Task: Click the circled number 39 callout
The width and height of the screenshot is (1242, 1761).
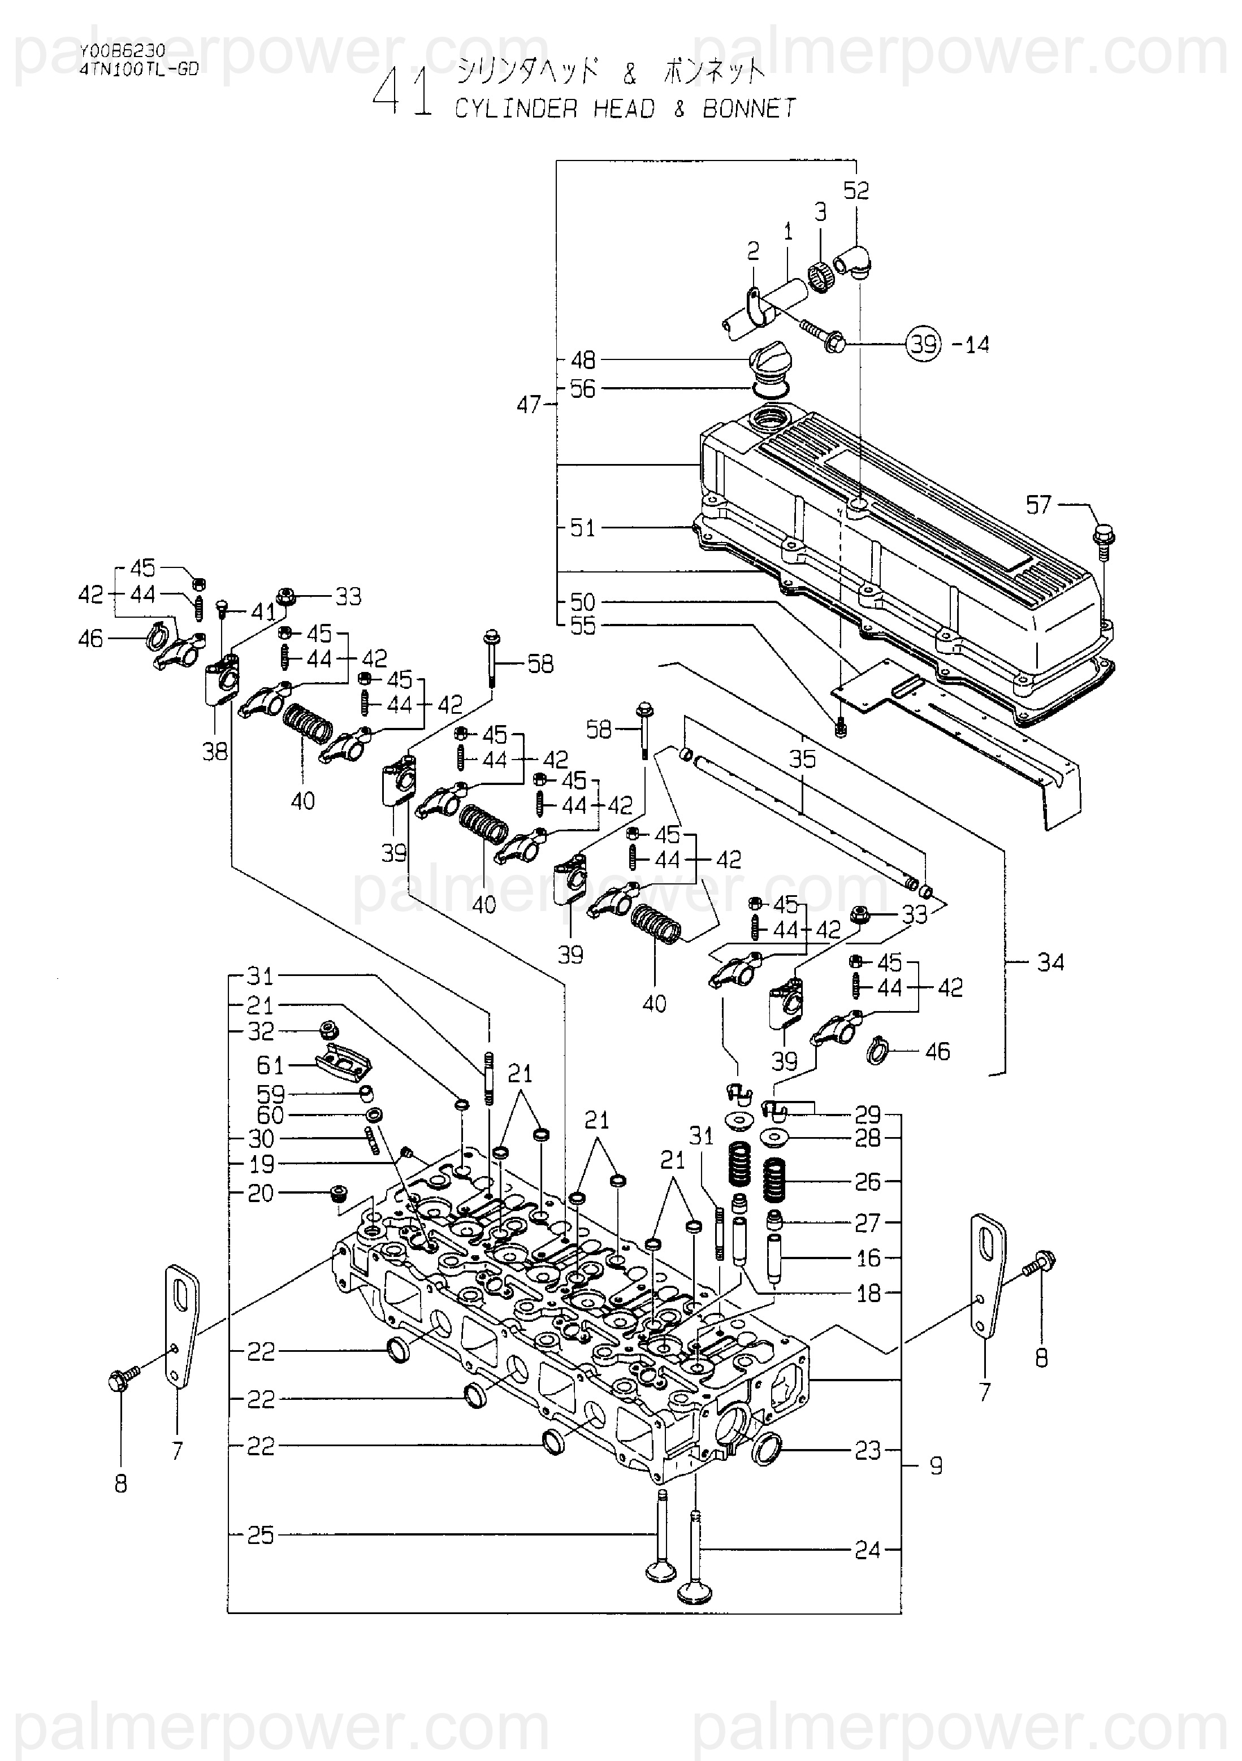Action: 924,344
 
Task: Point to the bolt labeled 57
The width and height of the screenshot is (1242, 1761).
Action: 1104,535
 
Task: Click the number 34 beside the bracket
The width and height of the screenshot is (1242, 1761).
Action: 1050,962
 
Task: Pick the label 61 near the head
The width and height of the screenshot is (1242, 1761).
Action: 270,1065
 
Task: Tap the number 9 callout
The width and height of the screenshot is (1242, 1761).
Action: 936,1466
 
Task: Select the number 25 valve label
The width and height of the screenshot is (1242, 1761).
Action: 260,1535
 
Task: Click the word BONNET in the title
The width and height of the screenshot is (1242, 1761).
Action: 750,109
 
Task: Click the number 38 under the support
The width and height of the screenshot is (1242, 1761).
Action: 215,752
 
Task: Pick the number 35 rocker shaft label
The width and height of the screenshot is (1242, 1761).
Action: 802,760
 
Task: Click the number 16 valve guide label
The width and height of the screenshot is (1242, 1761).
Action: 868,1258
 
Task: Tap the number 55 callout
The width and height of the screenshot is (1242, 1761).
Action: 582,626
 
